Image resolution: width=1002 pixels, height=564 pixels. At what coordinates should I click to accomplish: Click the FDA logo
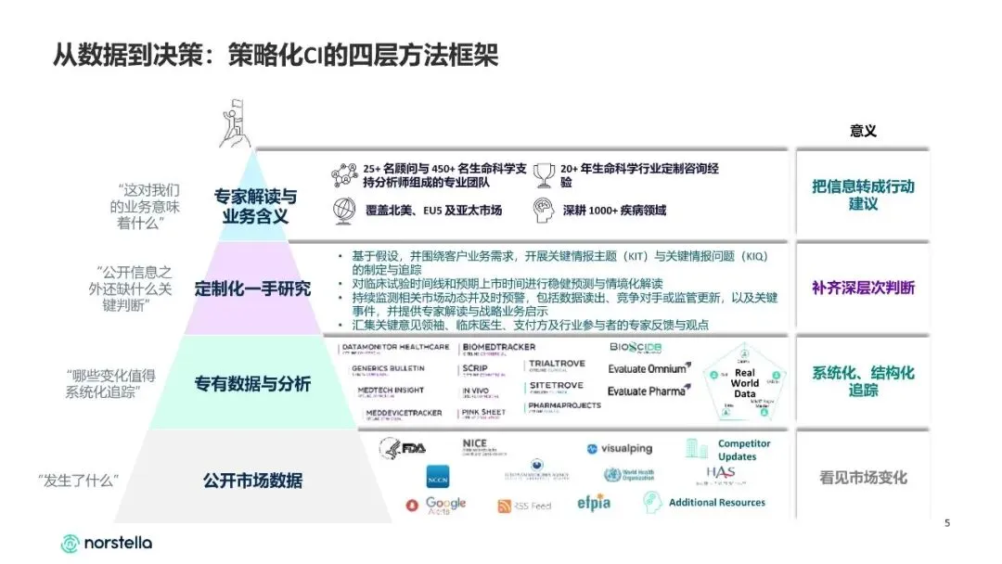(403, 448)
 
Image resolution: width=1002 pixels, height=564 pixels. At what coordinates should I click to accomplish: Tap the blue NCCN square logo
(438, 479)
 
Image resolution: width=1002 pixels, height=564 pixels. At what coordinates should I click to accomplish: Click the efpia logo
(593, 504)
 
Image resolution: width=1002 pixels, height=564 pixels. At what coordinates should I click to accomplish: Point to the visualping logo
(619, 449)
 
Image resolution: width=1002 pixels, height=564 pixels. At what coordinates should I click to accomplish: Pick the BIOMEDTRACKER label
(497, 348)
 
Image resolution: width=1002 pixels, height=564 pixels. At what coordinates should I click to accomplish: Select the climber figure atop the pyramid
(237, 124)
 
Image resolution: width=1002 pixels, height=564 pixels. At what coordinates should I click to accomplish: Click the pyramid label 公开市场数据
(252, 481)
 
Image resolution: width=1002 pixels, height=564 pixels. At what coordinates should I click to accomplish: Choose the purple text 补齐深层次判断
(863, 288)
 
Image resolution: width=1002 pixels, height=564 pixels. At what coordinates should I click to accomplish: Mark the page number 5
(947, 523)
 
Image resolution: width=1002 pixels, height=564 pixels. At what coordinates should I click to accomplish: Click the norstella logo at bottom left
(106, 543)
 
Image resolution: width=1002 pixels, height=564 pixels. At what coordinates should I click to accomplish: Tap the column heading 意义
(863, 132)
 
